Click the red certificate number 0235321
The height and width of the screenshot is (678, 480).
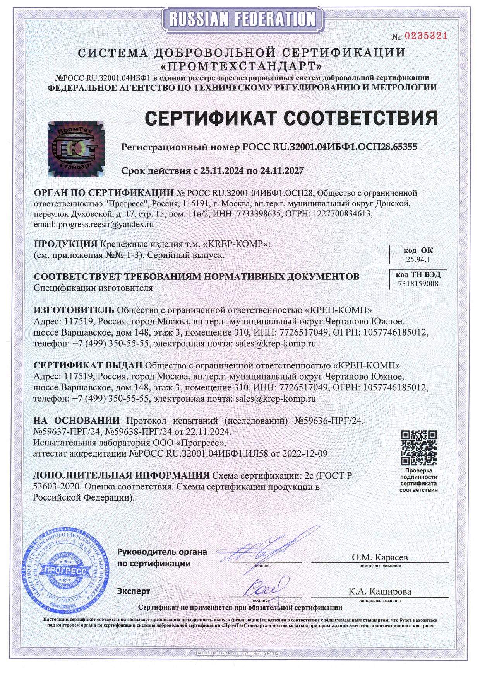[426, 36]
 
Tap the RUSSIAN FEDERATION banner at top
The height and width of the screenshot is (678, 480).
[242, 19]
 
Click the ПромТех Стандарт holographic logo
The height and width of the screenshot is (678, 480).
[76, 149]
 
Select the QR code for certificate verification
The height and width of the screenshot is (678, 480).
[418, 448]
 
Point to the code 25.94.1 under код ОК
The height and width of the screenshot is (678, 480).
[418, 260]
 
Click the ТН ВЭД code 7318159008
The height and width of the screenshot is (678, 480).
[418, 284]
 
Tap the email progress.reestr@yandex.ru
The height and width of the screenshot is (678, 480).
[106, 224]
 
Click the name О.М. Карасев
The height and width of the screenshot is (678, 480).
[379, 557]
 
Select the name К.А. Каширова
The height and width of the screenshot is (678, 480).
[379, 591]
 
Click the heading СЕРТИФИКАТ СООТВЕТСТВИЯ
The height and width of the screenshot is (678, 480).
[291, 118]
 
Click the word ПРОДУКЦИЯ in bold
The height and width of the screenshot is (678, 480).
[65, 244]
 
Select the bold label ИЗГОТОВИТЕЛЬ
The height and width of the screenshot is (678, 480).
[74, 310]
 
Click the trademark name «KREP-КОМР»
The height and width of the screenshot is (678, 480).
[237, 244]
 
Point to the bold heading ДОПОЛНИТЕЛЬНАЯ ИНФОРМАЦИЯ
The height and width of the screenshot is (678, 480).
[121, 475]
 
